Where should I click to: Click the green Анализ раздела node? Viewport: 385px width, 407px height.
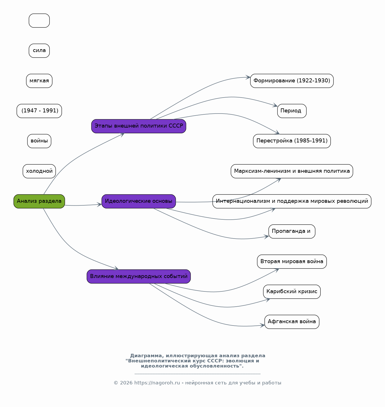39,201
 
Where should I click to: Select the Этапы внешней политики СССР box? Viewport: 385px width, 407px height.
139,126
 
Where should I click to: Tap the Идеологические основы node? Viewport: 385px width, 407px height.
139,201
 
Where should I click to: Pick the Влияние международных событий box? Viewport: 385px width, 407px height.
139,276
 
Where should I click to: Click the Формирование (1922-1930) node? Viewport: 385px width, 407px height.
292,81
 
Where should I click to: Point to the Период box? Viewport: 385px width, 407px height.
292,111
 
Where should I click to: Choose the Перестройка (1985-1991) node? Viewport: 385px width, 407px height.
292,141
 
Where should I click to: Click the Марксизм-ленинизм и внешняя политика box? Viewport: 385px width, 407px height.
292,171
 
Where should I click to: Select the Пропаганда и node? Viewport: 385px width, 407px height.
292,231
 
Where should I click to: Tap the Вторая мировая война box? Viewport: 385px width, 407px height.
292,262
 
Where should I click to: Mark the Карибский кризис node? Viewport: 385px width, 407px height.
292,292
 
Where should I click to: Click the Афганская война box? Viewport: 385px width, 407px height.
292,322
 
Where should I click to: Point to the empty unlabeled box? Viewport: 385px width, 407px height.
39,21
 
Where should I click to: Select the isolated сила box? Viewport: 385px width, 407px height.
39,51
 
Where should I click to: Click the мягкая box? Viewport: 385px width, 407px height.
39,81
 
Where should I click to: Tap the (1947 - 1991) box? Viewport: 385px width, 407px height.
39,111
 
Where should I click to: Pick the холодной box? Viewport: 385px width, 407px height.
39,171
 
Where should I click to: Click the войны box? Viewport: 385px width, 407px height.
39,141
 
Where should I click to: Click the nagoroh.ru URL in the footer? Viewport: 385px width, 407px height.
157,383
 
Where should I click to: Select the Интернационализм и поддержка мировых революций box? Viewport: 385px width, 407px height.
292,201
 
